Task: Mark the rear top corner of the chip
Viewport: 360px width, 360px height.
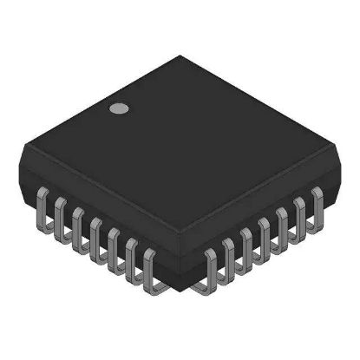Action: point(181,57)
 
